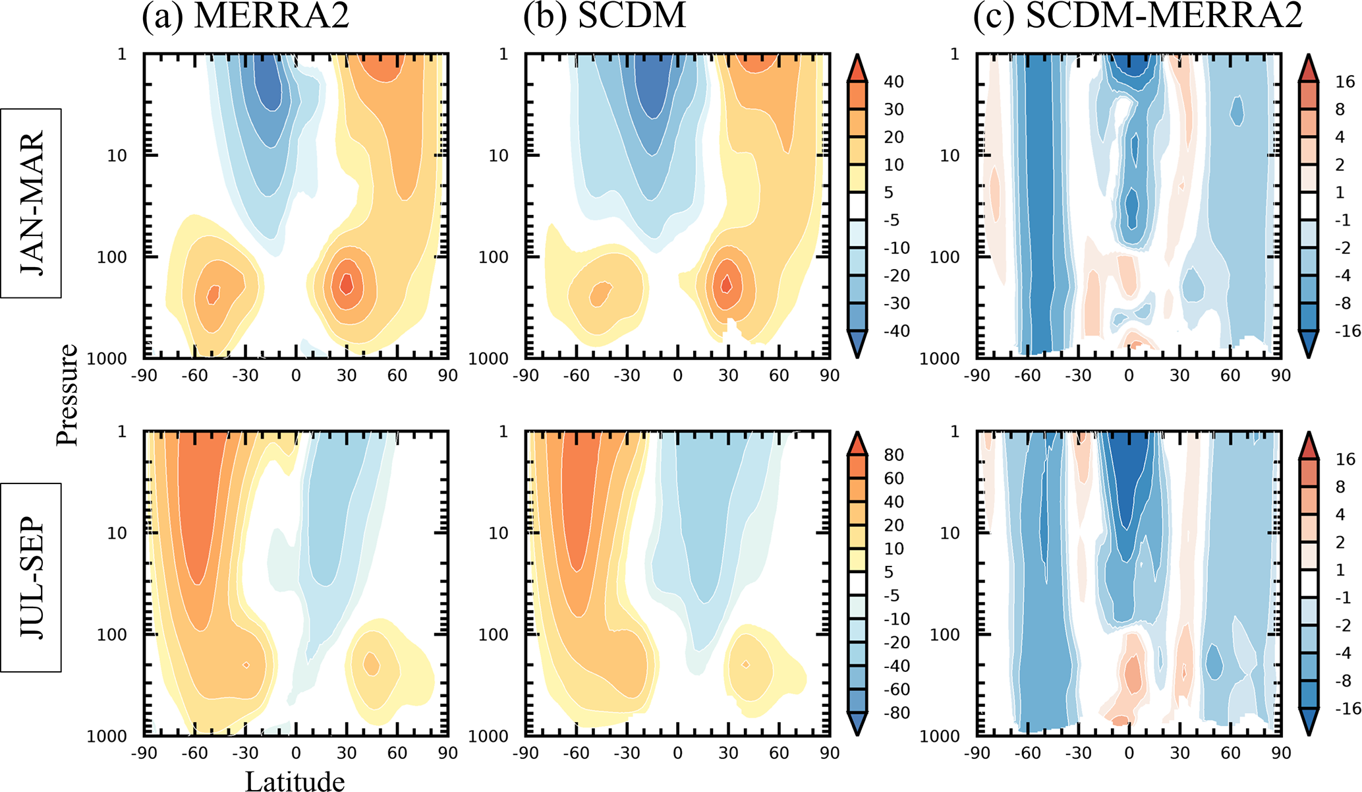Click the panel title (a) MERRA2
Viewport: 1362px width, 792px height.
click(x=245, y=16)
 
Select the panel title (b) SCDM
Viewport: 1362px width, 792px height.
click(x=604, y=16)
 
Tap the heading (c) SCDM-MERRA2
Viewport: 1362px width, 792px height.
click(x=1138, y=16)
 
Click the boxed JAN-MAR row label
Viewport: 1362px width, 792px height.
click(x=31, y=203)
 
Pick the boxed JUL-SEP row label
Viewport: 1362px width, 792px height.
click(x=31, y=578)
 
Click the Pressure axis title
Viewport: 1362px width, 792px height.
click(x=67, y=395)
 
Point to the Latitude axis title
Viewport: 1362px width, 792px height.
click(x=295, y=781)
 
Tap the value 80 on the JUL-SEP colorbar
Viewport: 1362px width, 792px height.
click(x=894, y=455)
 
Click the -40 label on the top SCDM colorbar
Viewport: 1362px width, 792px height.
click(x=894, y=331)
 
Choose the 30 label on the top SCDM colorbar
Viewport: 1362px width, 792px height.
click(x=894, y=109)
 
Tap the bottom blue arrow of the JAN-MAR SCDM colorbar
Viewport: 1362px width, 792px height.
click(x=857, y=344)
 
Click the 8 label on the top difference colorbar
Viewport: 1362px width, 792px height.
click(x=1340, y=109)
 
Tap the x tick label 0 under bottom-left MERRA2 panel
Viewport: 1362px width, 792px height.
click(x=296, y=753)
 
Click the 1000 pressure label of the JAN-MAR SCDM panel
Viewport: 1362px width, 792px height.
click(x=488, y=359)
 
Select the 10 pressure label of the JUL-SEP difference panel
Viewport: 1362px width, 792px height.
click(x=950, y=533)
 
